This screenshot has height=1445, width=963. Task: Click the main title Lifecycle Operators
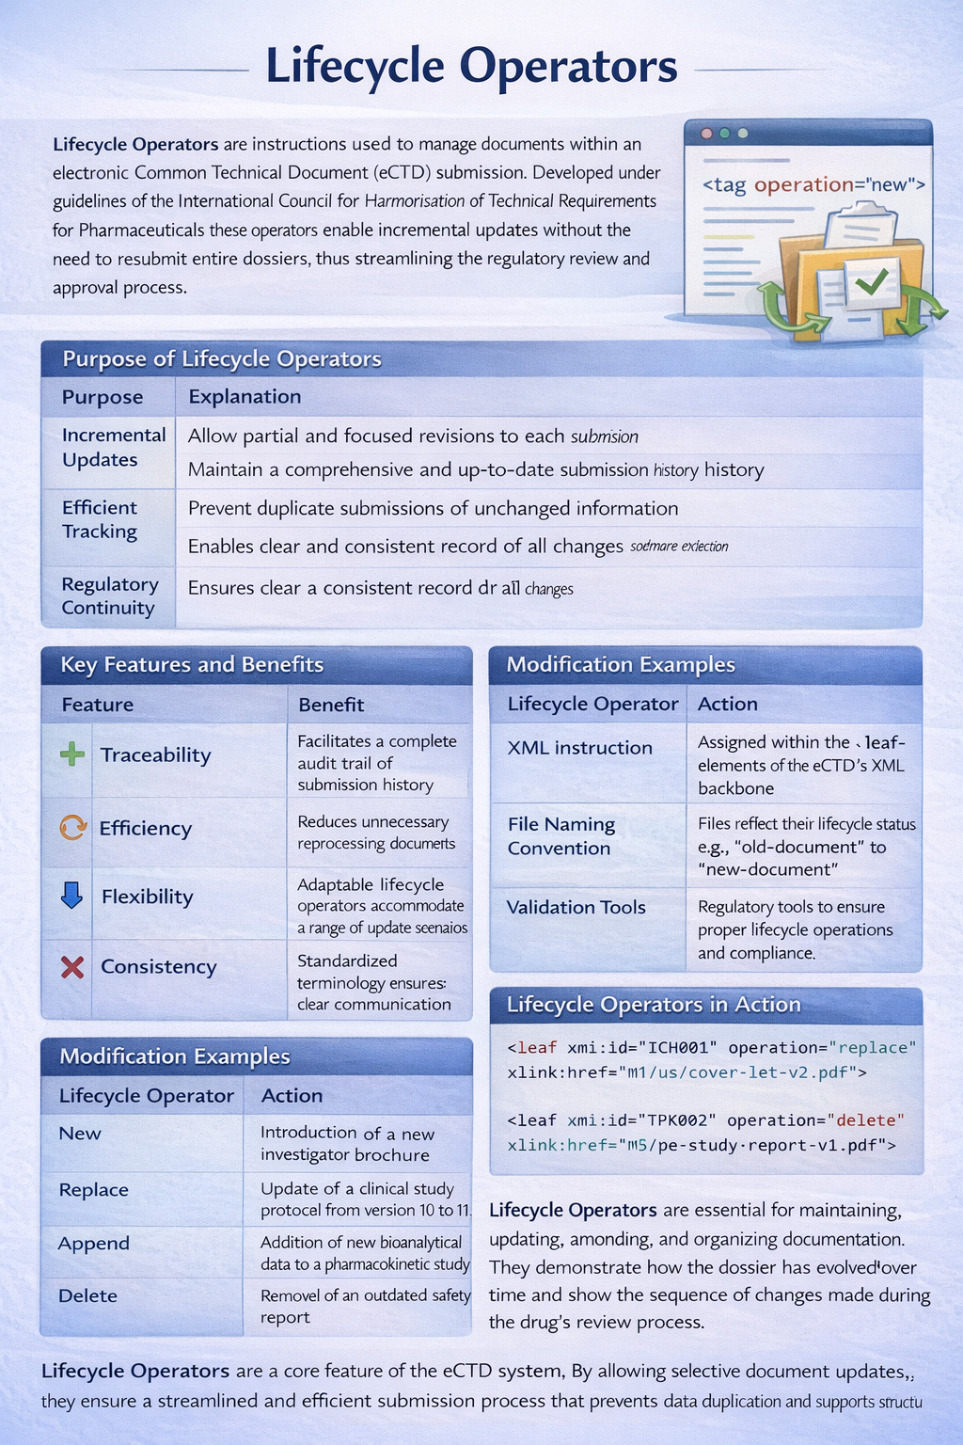point(471,67)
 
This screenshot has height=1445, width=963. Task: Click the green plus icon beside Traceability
point(72,754)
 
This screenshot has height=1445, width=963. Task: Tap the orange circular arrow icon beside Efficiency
point(72,827)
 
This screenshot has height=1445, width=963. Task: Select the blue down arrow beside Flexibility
point(71,895)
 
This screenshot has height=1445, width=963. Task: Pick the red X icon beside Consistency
point(72,966)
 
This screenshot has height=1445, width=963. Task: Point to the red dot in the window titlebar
point(706,134)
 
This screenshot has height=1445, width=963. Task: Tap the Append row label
point(94,1244)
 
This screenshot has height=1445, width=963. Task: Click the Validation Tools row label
point(576,908)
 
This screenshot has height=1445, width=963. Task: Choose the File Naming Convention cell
point(560,836)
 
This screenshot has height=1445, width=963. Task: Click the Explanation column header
point(245,397)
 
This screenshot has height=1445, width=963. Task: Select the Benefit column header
point(330,705)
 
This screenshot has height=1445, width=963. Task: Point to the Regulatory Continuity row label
point(109,596)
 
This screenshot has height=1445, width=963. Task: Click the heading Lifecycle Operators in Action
point(654,1005)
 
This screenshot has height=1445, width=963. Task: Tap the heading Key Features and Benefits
point(192,665)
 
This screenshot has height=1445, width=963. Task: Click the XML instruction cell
point(579,748)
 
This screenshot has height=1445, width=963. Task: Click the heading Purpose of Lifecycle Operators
point(222,359)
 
